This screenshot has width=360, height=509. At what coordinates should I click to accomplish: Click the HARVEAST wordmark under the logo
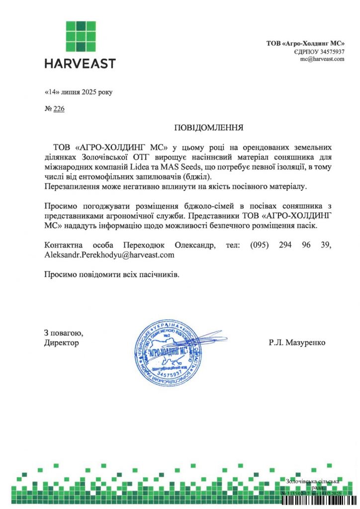(x=80, y=64)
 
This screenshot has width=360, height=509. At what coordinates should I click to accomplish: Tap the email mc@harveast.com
(x=322, y=59)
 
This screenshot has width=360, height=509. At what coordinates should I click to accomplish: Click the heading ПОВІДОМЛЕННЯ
(x=208, y=128)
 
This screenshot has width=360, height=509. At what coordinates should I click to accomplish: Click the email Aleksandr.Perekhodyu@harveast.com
(x=109, y=254)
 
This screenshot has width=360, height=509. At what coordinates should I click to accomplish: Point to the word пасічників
(x=157, y=274)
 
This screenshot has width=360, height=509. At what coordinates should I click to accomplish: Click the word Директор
(x=61, y=342)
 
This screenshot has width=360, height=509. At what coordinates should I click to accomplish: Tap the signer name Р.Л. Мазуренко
(x=297, y=342)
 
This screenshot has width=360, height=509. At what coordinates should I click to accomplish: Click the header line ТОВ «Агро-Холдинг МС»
(x=305, y=44)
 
